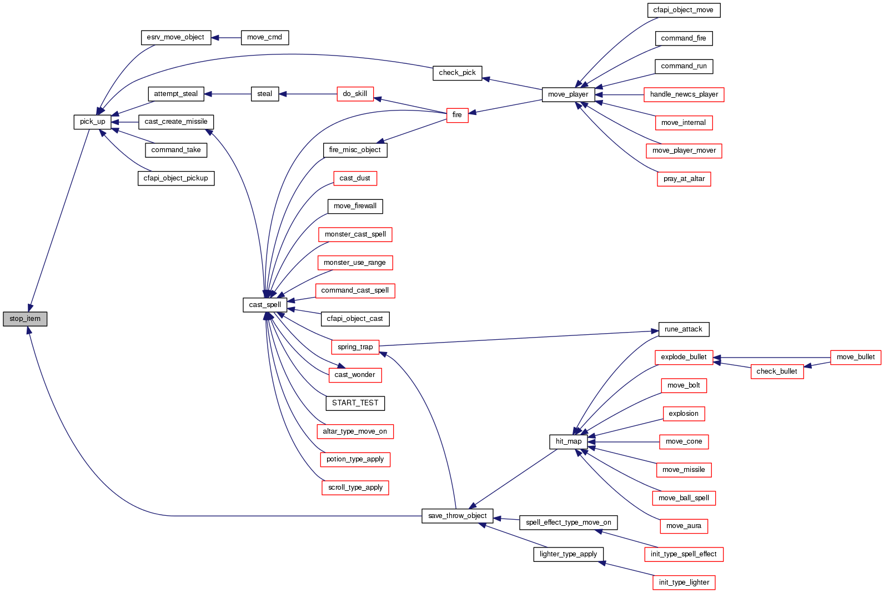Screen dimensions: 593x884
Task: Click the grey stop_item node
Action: tap(25, 319)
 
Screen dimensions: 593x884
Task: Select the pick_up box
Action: tap(92, 122)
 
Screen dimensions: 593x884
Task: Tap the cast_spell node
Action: tap(265, 305)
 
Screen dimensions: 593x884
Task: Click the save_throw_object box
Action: tap(457, 516)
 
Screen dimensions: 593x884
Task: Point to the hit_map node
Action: tap(569, 441)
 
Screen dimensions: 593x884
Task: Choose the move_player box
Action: tap(568, 94)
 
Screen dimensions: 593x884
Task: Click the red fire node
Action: tap(457, 115)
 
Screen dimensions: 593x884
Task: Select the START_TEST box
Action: tap(355, 403)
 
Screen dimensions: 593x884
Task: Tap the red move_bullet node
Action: tap(855, 357)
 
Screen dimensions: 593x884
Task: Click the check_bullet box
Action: tap(776, 371)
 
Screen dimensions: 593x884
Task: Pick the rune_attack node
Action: tap(683, 329)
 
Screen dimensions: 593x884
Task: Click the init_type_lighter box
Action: tap(684, 582)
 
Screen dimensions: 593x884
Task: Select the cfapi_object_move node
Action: tap(683, 10)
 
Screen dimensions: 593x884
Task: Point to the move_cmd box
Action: tap(264, 37)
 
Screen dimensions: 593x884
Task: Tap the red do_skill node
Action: tap(355, 94)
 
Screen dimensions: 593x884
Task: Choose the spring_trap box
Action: tap(355, 347)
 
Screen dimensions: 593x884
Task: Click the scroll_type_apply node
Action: tap(355, 488)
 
